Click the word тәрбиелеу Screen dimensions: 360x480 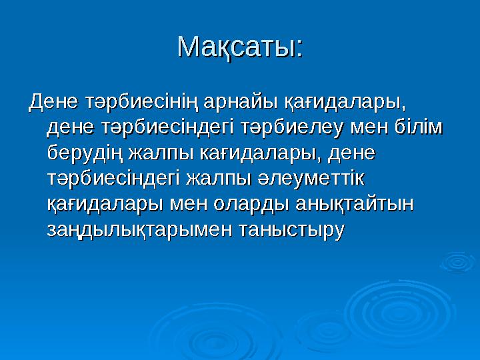tap(291, 128)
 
